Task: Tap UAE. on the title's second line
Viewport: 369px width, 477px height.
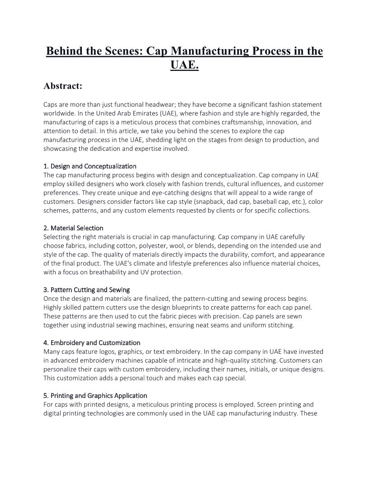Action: pyautogui.click(x=184, y=65)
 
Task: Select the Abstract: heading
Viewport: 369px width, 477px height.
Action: pyautogui.click(x=62, y=86)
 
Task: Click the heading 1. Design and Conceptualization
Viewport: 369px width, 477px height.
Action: pyautogui.click(x=90, y=166)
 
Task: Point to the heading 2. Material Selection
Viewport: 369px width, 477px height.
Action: pyautogui.click(x=73, y=228)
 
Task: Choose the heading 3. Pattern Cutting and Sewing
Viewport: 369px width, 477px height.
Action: pyautogui.click(x=86, y=290)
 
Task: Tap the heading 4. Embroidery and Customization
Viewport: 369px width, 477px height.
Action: pyautogui.click(x=92, y=343)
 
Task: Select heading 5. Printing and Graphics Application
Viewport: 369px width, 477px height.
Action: pyautogui.click(x=95, y=396)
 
